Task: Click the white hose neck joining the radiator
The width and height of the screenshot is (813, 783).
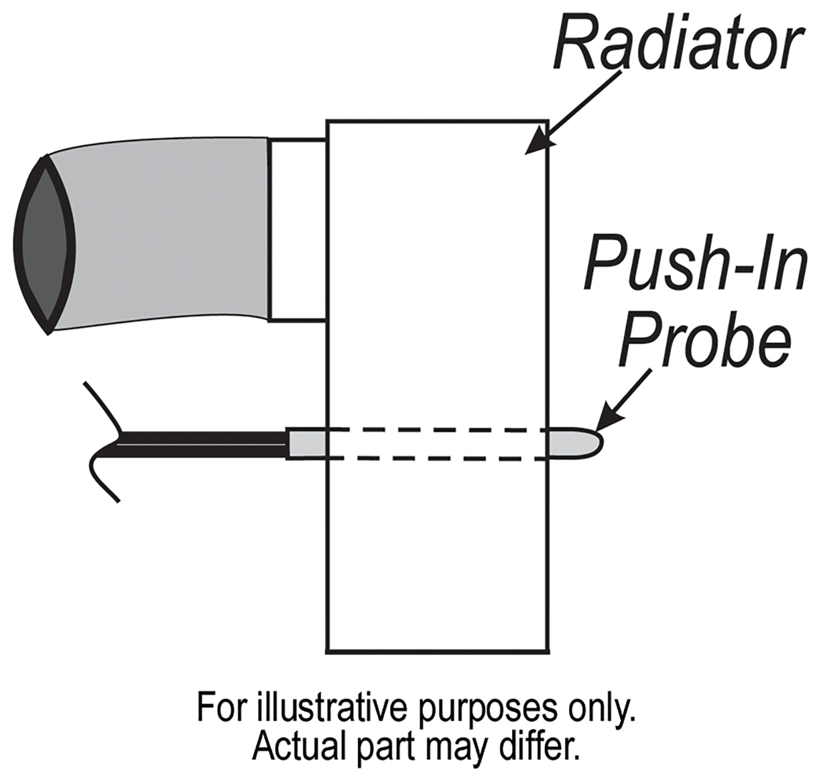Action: tap(297, 230)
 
